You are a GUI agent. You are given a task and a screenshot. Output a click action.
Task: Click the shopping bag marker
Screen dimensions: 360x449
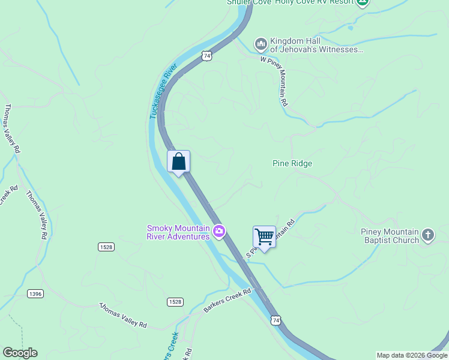coord(178,161)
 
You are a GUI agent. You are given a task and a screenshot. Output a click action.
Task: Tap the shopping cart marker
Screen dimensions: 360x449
coord(264,237)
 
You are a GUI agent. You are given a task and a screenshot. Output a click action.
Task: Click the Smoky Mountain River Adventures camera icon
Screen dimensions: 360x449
coord(219,232)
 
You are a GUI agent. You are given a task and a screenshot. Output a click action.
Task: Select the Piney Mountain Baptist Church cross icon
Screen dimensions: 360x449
coord(427,235)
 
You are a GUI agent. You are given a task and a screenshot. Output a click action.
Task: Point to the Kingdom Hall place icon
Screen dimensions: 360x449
coord(261,44)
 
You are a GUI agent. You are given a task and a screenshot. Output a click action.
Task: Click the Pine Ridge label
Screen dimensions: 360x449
coord(292,163)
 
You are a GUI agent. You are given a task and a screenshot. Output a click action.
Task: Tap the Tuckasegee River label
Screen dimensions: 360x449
coord(162,91)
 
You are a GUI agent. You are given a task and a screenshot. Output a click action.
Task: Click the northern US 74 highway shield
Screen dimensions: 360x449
coord(206,55)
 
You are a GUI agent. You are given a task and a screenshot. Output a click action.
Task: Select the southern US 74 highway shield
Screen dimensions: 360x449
coord(275,320)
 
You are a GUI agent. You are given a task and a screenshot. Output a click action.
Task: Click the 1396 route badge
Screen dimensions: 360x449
coord(35,293)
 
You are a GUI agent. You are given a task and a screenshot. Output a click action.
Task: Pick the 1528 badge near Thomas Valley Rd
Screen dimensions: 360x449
coord(106,247)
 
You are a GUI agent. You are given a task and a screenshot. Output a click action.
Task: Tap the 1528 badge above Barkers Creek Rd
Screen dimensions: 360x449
coord(175,302)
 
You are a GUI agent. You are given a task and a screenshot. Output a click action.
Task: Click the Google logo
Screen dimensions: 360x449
coord(20,353)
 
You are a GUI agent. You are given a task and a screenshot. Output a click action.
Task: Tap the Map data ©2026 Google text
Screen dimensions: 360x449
coord(411,355)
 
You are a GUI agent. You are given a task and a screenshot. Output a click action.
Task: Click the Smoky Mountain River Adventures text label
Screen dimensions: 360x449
coord(178,232)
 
